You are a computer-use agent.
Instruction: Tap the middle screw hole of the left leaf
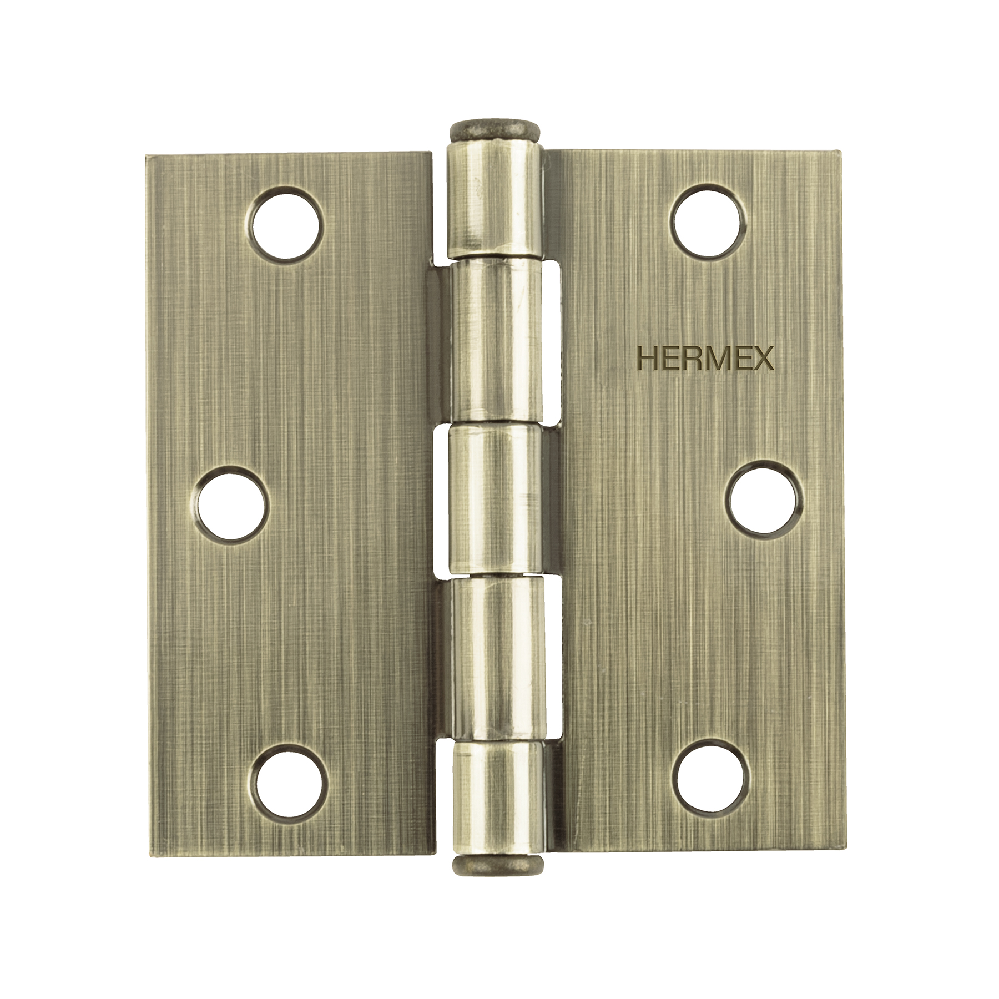(232, 507)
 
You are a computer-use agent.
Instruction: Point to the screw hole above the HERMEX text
(710, 221)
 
